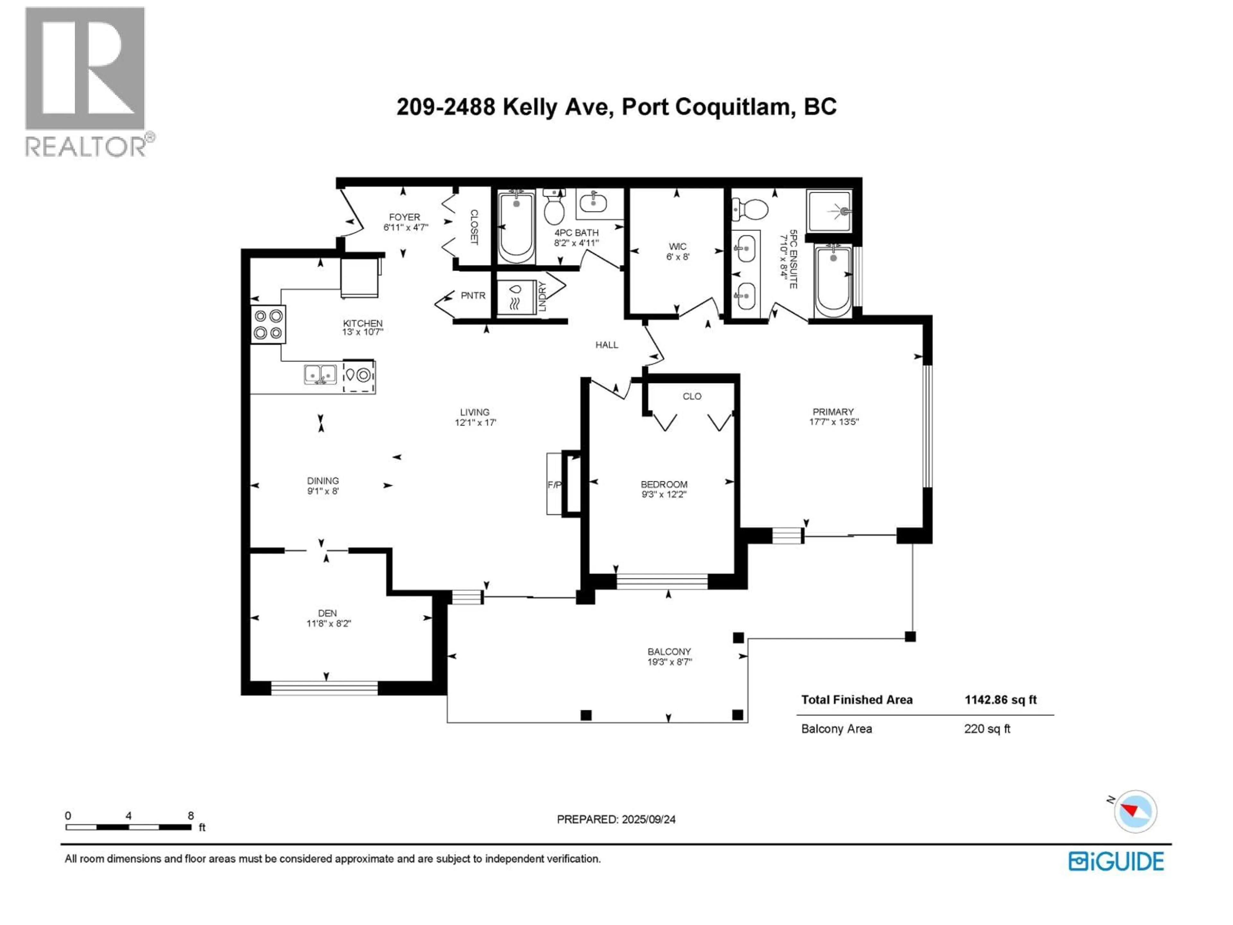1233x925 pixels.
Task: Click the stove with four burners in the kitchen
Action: (268, 324)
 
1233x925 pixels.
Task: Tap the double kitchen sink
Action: (320, 374)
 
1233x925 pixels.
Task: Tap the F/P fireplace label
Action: (554, 485)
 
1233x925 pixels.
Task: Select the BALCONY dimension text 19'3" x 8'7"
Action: (669, 662)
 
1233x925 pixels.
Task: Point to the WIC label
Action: (678, 246)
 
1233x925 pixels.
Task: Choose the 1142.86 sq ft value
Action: (1001, 700)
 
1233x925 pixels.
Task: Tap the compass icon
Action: (1135, 811)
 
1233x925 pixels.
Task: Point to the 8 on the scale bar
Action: (191, 816)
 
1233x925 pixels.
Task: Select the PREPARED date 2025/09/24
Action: (648, 819)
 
